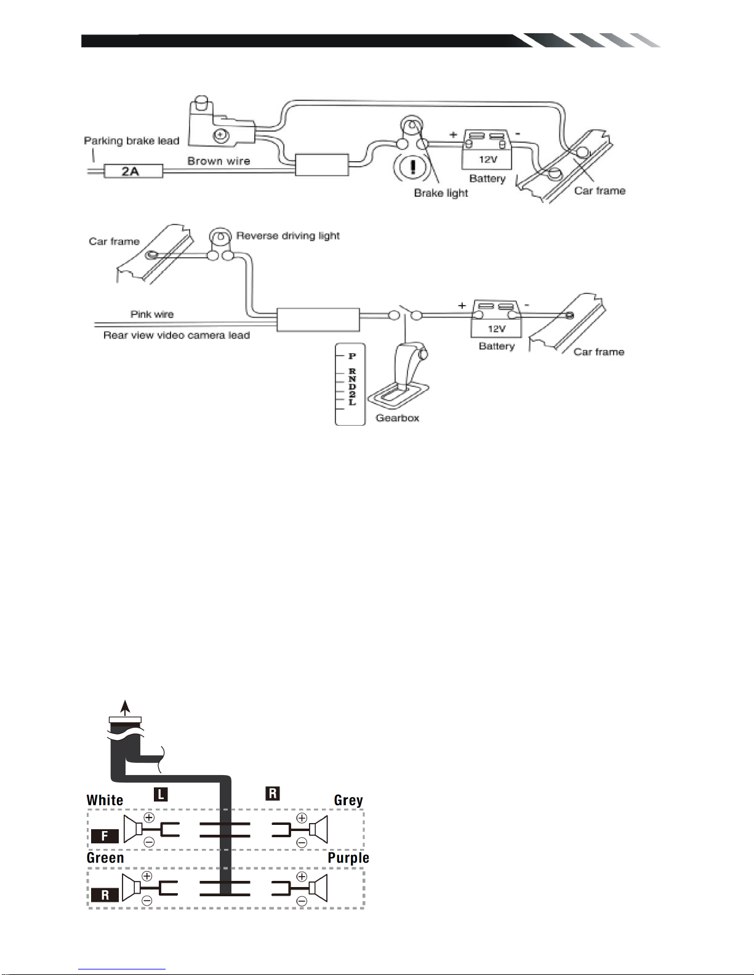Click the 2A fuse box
tap(134, 171)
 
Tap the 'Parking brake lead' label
tap(132, 141)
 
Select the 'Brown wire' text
tap(219, 161)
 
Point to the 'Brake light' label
tap(441, 193)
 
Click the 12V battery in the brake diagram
tap(487, 149)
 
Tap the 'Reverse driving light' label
tap(287, 236)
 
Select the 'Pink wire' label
tap(151, 314)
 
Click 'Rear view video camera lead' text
tap(177, 335)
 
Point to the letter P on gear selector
tap(352, 356)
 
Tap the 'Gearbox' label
tap(397, 418)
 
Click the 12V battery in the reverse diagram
tap(496, 319)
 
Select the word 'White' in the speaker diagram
tap(105, 800)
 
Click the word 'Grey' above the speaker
tap(348, 800)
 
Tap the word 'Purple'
tap(348, 858)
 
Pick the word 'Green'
tap(105, 858)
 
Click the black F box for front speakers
tap(105, 836)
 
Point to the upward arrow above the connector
tap(126, 707)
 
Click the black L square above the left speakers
tap(161, 794)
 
